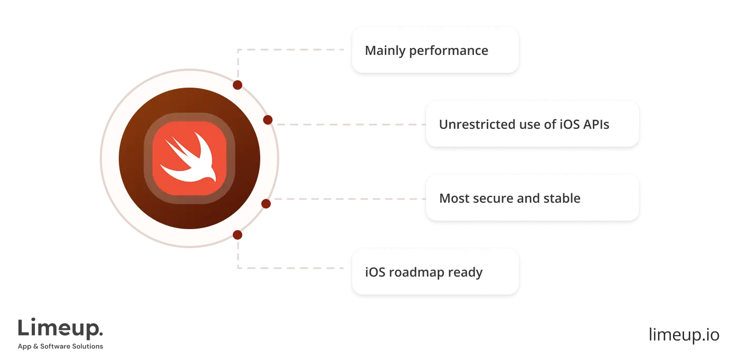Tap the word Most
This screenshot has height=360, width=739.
pos(452,198)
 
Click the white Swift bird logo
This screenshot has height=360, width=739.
pos(190,158)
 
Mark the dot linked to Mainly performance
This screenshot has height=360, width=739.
pos(238,84)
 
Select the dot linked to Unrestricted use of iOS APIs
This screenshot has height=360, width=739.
pos(268,120)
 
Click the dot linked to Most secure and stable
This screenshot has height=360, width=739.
pos(266,203)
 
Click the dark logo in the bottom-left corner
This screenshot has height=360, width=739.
pos(61,333)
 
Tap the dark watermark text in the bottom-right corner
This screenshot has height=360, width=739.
pos(683,335)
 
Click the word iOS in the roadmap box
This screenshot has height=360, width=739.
pos(375,273)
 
